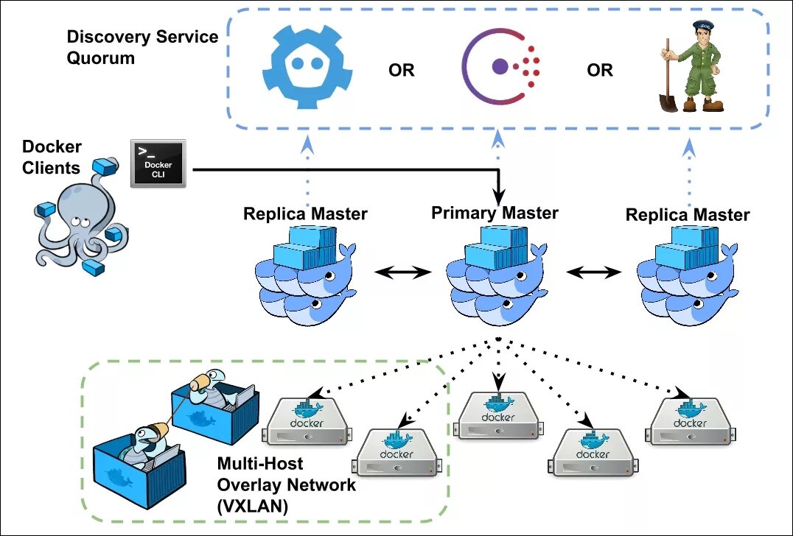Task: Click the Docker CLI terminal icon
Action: pos(158,163)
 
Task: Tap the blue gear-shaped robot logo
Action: pos(307,67)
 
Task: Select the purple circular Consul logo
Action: pos(500,66)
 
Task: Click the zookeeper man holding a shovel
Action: pos(691,66)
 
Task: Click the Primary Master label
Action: pos(495,213)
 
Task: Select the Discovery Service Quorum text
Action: pos(143,47)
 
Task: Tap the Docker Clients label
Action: pos(52,157)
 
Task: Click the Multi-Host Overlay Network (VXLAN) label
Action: pos(286,484)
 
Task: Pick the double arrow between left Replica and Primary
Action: pos(402,273)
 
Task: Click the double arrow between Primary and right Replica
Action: pos(594,273)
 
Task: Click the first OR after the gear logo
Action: pos(402,70)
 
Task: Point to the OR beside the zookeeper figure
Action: pos(600,70)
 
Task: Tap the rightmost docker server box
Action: pos(691,420)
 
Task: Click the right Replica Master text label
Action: pos(688,215)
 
